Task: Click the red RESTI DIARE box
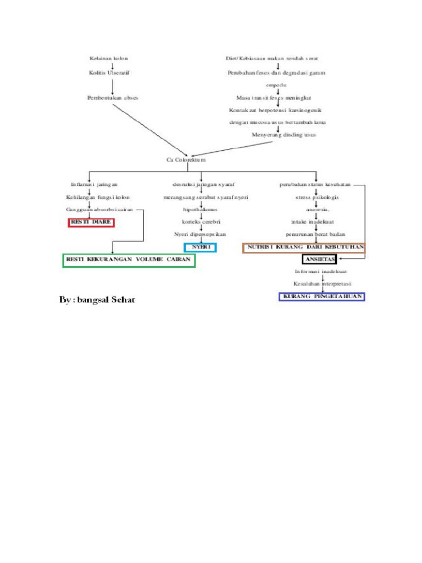[91, 222]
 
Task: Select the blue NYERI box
[201, 247]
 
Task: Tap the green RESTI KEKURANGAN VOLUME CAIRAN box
[129, 260]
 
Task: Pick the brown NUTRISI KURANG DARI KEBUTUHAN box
[304, 248]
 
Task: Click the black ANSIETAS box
[319, 259]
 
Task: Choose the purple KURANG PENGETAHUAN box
[322, 297]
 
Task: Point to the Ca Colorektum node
[186, 159]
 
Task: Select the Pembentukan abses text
[113, 97]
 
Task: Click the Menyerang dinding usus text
[284, 134]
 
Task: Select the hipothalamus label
[200, 209]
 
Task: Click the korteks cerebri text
[201, 222]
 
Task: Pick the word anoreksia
[318, 209]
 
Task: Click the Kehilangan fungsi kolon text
[98, 197]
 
